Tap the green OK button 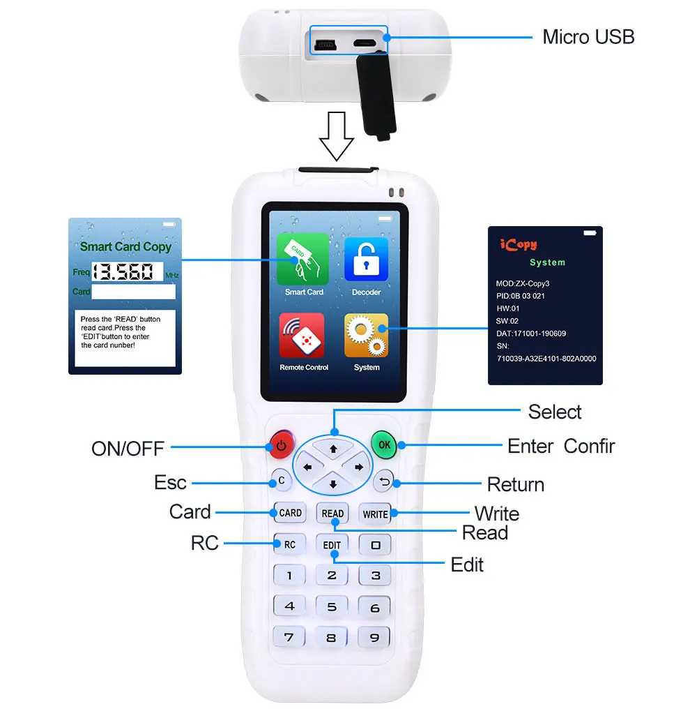coord(383,444)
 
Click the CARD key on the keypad coord(290,513)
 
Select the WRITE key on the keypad coord(375,514)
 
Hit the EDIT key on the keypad coord(332,545)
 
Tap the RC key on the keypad coord(289,544)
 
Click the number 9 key coord(375,636)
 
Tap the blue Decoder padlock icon coord(366,259)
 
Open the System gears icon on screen coord(366,336)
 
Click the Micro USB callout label coord(588,37)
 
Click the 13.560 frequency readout coord(127,272)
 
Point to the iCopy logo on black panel coord(519,245)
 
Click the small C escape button coord(281,480)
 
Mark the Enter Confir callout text coord(561,446)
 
